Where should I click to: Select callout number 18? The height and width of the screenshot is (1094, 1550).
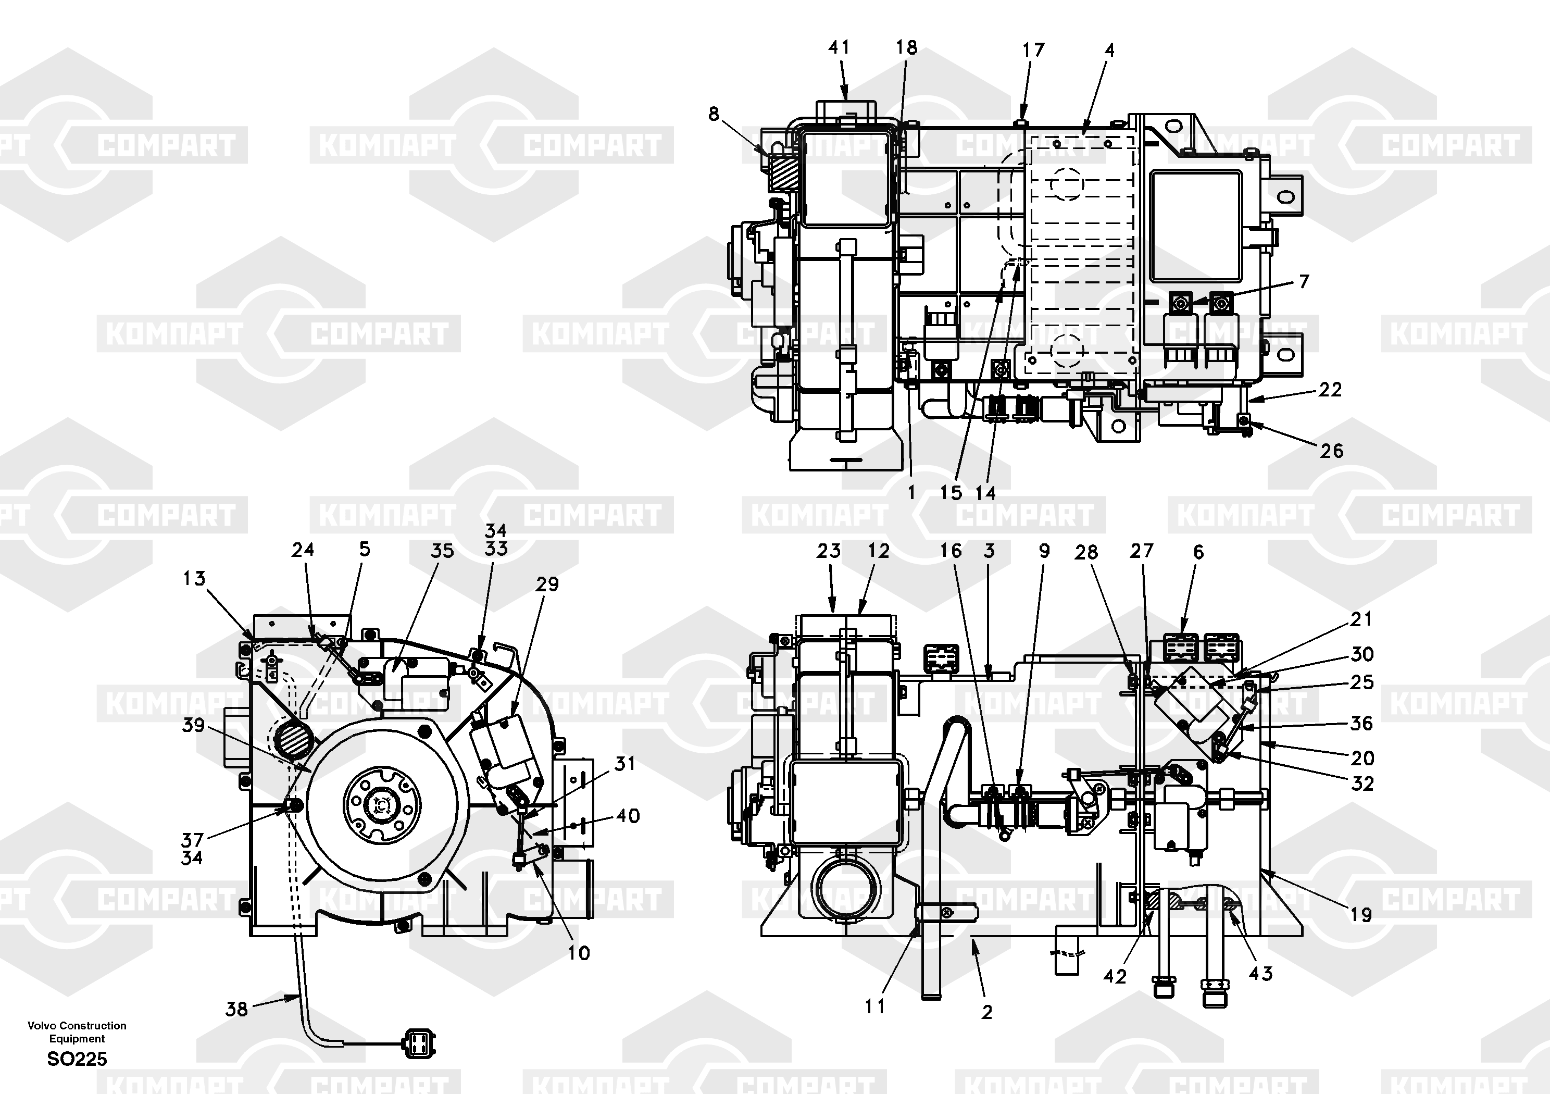(x=907, y=47)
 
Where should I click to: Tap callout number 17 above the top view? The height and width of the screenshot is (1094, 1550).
(x=1033, y=50)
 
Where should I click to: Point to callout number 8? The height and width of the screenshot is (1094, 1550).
(x=714, y=114)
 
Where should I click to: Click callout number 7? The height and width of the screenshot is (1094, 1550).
(x=1304, y=282)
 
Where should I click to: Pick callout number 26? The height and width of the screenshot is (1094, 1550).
(x=1332, y=451)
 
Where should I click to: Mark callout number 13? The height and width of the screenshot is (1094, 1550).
(x=194, y=579)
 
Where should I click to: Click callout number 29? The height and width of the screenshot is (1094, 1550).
(x=547, y=584)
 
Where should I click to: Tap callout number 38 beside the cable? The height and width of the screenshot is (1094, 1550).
(x=237, y=1010)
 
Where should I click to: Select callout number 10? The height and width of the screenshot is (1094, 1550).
(x=579, y=953)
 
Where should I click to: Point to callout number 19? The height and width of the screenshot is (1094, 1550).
(x=1361, y=915)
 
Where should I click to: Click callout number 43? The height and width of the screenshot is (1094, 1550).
(x=1260, y=973)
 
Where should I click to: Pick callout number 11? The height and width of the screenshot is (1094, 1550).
(x=875, y=1006)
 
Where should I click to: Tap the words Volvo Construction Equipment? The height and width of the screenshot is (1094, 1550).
(x=77, y=1032)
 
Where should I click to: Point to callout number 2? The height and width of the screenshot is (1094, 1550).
(x=987, y=1012)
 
